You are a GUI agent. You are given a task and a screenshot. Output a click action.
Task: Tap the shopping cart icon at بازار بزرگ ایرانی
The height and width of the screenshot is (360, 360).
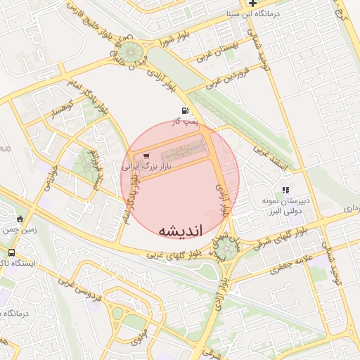[x=146, y=156]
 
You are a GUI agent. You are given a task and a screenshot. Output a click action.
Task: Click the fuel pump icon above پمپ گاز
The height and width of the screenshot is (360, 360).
[x=185, y=110]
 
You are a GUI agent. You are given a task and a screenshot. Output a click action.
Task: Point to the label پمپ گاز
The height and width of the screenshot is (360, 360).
[x=187, y=122]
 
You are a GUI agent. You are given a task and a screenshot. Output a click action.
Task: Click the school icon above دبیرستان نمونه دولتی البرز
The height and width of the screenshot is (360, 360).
[x=285, y=190]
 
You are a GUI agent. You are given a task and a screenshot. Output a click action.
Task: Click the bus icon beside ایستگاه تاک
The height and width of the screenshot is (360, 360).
[x=12, y=252]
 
